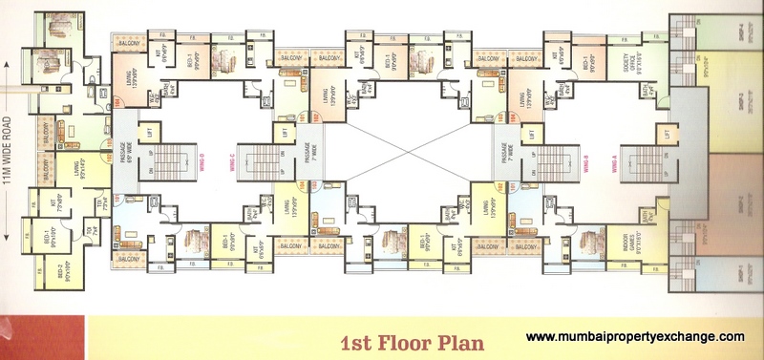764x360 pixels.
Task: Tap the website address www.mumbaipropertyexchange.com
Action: tap(635, 336)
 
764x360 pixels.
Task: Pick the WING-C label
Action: tap(232, 164)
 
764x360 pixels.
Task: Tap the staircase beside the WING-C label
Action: tap(255, 164)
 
